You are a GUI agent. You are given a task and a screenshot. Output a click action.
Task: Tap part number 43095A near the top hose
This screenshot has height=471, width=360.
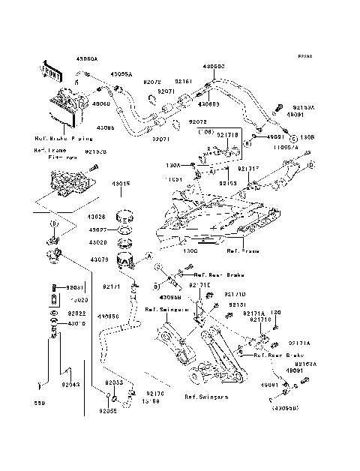pos(121,75)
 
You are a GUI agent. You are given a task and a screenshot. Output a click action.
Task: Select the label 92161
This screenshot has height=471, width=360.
pos(184,81)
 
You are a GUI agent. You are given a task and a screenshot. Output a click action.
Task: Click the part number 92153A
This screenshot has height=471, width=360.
pos(304,107)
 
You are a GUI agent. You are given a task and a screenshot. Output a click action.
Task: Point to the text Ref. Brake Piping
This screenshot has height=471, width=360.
pos(63,139)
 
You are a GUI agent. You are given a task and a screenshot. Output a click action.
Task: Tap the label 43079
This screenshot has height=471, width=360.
pos(99,259)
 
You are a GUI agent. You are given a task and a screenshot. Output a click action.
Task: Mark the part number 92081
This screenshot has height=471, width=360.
pos(73,287)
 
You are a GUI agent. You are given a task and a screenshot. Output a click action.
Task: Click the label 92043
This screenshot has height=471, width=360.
pos(71,385)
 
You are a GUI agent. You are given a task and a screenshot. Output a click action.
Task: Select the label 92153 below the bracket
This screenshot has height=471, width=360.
pos(228,182)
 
